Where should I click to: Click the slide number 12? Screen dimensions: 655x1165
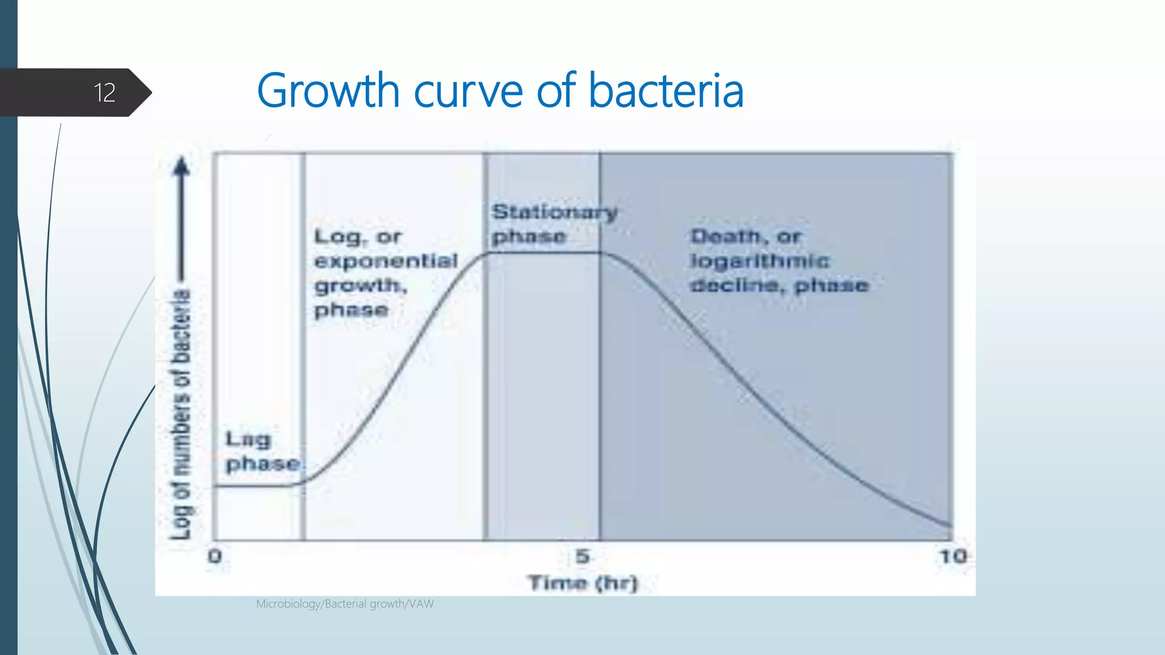click(105, 93)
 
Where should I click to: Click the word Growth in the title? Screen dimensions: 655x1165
click(328, 91)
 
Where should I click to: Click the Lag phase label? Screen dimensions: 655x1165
click(262, 451)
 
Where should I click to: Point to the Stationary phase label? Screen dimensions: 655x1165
click(553, 224)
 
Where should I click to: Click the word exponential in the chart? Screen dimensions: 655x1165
click(386, 261)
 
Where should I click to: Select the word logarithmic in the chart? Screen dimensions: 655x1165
click(759, 261)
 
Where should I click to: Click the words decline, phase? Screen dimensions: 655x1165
click(779, 285)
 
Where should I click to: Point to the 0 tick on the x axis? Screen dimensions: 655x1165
click(215, 556)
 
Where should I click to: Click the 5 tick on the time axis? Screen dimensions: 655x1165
click(582, 556)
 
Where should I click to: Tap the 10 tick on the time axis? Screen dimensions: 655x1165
click(953, 556)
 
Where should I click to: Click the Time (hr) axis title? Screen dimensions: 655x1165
click(583, 583)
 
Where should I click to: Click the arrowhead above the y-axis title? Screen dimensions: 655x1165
click(181, 166)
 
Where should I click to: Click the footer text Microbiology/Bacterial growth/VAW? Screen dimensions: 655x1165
click(345, 604)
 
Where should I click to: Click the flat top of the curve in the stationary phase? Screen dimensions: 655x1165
click(543, 252)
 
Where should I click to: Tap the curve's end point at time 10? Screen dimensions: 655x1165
click(951, 526)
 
